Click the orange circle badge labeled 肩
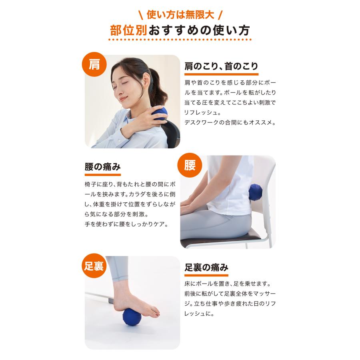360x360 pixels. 94,65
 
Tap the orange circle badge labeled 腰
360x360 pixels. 190,165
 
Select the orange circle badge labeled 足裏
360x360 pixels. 94,266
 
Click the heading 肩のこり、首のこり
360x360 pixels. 221,66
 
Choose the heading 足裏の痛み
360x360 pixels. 206,268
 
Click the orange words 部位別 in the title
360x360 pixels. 129,31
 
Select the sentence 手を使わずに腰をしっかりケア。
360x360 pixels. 126,224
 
